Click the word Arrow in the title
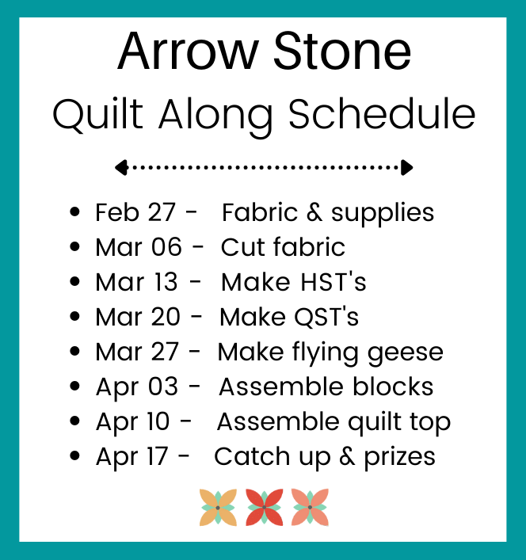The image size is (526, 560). pos(188,51)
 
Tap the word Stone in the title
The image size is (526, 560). pos(342,51)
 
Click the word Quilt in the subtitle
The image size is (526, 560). pos(98,115)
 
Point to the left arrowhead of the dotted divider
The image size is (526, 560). pos(121,167)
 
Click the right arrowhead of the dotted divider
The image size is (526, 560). pos(406,167)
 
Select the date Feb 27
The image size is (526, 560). pos(135,212)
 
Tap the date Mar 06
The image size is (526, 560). pos(139,247)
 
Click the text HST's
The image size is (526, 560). pos(334,282)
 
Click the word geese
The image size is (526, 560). pos(406,352)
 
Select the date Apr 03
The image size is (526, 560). pos(137,387)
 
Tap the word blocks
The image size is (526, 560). pos(393,387)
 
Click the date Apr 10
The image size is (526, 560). pos(132,422)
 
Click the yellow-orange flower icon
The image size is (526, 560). pos(218,507)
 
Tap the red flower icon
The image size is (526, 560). pos(265,507)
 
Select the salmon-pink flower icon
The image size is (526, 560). pos(310,507)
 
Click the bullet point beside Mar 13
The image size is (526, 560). pos(74,281)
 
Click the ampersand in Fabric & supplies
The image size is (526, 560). pos(314,212)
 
